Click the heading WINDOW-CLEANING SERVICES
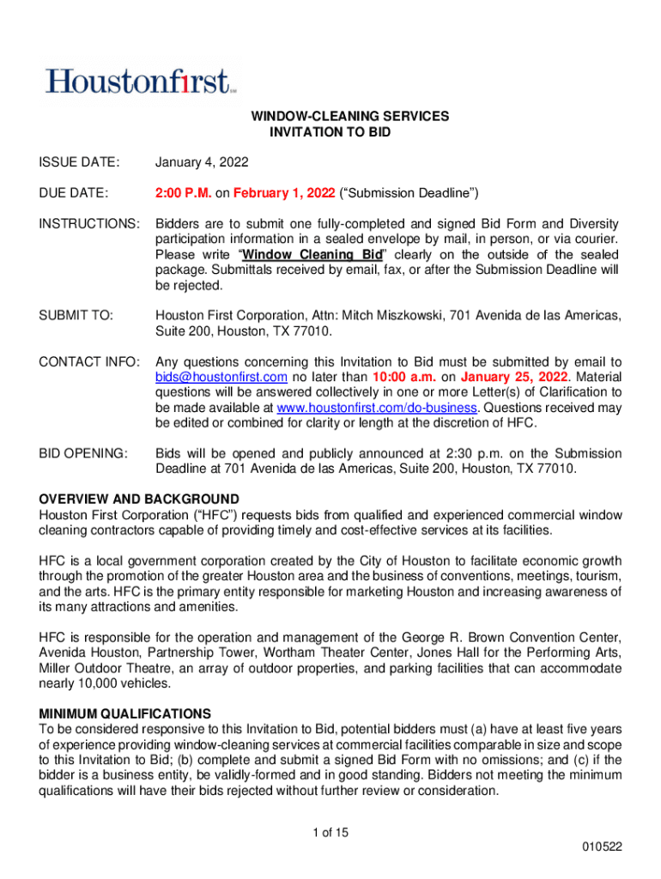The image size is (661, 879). click(349, 116)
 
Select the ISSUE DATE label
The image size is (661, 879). click(78, 163)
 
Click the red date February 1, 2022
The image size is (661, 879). click(285, 192)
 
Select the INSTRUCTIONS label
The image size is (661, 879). click(89, 224)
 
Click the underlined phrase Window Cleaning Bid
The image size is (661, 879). click(313, 255)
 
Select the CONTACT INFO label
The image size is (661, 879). click(88, 362)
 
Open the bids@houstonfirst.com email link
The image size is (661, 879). click(221, 378)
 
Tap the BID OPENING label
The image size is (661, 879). click(83, 453)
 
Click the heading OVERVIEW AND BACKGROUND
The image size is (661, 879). click(139, 499)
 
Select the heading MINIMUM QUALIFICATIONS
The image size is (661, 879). click(125, 713)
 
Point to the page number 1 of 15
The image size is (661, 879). click(330, 832)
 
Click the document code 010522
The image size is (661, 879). click(601, 847)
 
